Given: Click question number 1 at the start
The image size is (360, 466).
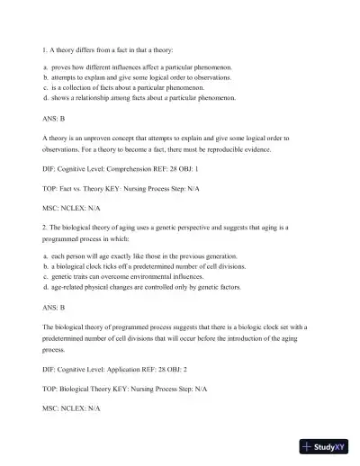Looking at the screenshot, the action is click(x=44, y=50).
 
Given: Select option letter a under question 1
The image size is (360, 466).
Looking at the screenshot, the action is click(x=44, y=67).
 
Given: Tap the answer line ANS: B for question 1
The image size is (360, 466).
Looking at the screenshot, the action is click(x=53, y=118).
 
